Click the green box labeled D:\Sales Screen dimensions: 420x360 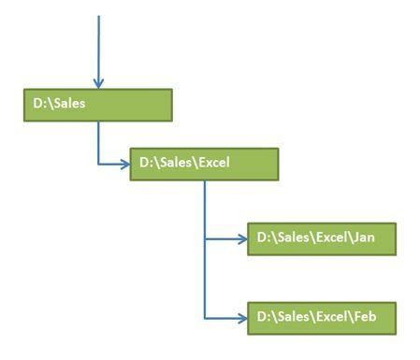(x=98, y=105)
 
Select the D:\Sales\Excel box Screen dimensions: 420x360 (x=204, y=164)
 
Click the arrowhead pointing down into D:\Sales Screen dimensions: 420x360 (x=98, y=83)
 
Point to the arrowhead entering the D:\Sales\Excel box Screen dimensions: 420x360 (x=123, y=165)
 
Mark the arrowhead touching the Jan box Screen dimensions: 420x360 (x=241, y=238)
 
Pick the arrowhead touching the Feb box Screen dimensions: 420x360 (x=241, y=318)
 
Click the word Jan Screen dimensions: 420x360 (x=365, y=238)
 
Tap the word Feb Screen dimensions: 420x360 (x=365, y=317)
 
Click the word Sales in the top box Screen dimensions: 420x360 (x=69, y=103)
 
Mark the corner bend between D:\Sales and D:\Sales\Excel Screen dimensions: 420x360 (x=98, y=165)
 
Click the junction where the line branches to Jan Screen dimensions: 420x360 (x=205, y=238)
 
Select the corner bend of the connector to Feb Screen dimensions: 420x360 (x=205, y=318)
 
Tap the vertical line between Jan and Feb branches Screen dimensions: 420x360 (x=205, y=279)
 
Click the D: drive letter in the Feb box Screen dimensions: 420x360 (x=264, y=317)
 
